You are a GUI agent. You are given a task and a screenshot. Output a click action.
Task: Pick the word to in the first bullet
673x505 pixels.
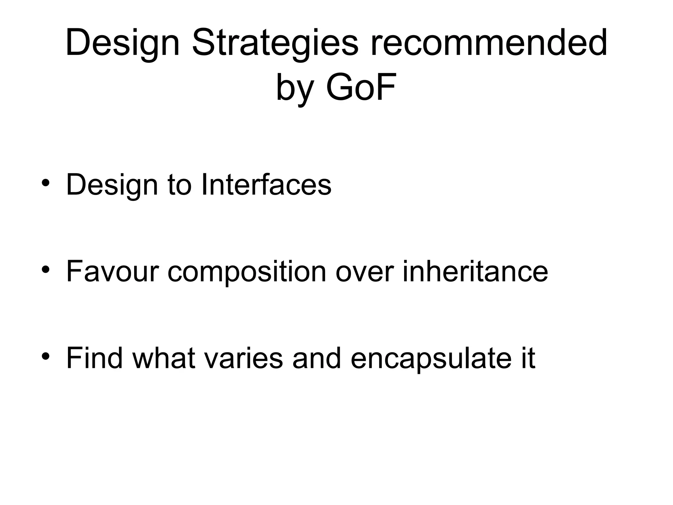[179, 185]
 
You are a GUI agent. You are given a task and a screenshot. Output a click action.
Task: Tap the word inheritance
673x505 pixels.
[475, 271]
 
